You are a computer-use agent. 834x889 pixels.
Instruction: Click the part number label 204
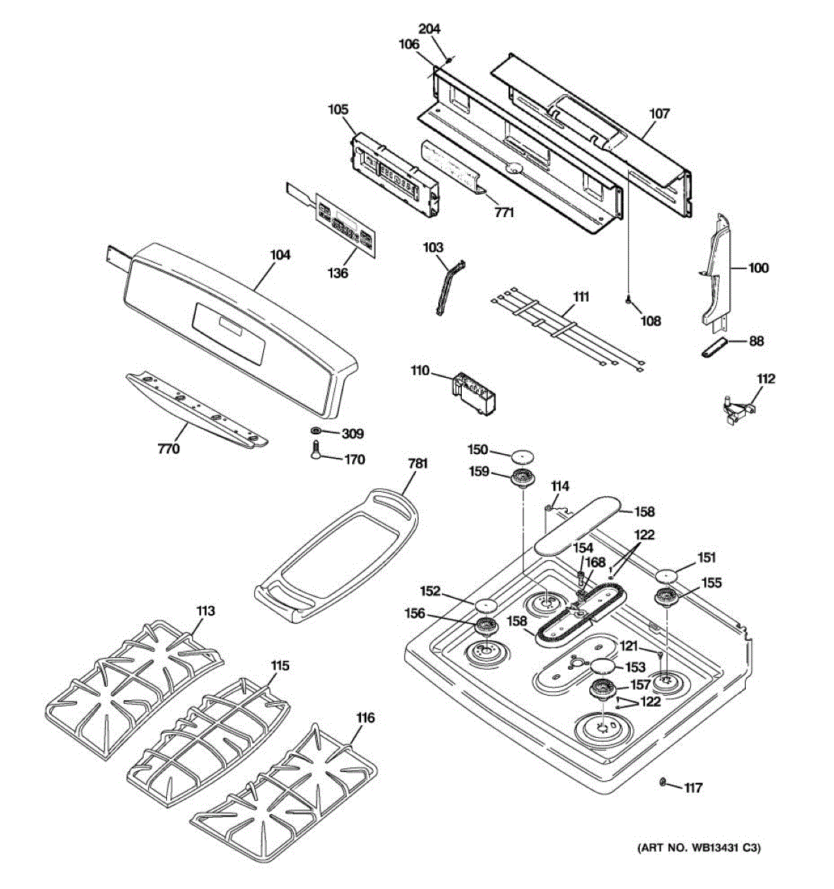click(429, 29)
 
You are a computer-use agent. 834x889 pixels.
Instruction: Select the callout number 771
click(504, 213)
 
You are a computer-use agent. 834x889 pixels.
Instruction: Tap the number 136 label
click(337, 273)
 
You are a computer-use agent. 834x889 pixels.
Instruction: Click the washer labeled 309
click(316, 431)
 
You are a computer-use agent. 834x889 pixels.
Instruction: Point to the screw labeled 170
click(314, 450)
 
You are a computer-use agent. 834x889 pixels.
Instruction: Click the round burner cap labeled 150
click(523, 454)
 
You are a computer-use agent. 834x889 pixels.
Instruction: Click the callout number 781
click(418, 464)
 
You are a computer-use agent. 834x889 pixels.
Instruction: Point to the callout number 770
click(169, 448)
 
